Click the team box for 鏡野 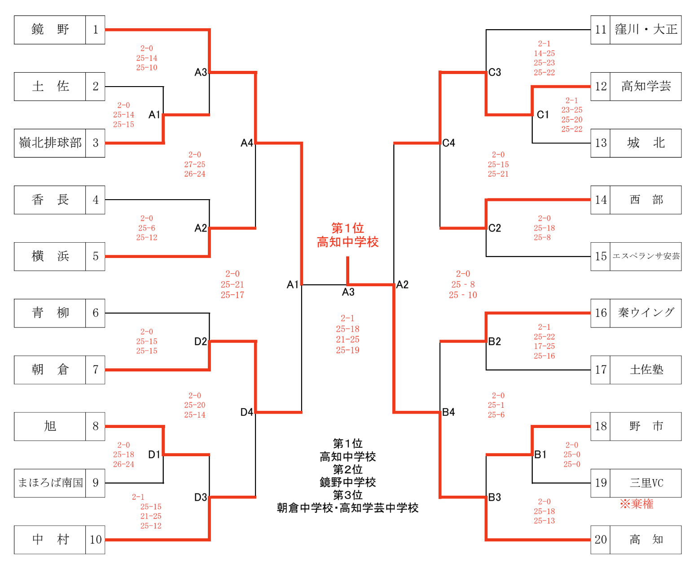(50, 30)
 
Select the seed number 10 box (95, 540)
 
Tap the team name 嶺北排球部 (50, 143)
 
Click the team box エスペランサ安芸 (646, 257)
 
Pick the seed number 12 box (601, 87)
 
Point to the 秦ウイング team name (646, 313)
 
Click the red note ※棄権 (637, 504)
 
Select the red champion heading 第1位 (347, 228)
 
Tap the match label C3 (495, 72)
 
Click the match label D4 (246, 412)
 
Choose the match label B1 (540, 455)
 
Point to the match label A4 (246, 143)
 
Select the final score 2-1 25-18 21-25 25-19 (347, 334)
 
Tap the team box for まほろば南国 (50, 483)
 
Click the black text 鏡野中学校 (347, 482)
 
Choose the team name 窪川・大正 (646, 30)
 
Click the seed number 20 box (601, 540)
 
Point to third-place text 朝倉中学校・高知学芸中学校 (347, 508)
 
